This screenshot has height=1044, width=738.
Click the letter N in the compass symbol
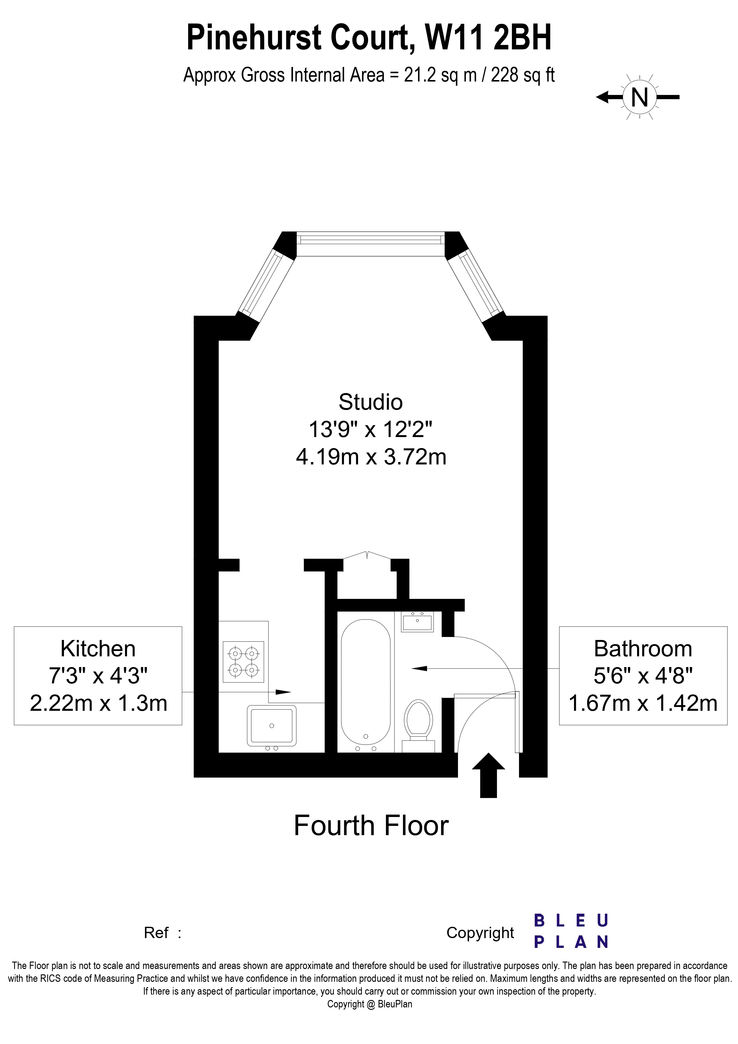coord(639,97)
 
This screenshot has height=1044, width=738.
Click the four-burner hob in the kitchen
coord(243,662)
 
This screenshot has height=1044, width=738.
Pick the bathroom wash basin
coord(417,622)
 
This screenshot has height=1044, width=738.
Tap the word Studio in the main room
coord(370,402)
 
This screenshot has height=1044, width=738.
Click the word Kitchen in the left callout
coord(98,649)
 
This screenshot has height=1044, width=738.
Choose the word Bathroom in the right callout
coord(642,649)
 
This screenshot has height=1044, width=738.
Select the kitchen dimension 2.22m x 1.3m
coord(99,703)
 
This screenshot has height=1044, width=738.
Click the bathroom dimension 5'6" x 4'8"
coord(642,676)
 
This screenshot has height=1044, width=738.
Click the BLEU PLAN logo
coord(571,932)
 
